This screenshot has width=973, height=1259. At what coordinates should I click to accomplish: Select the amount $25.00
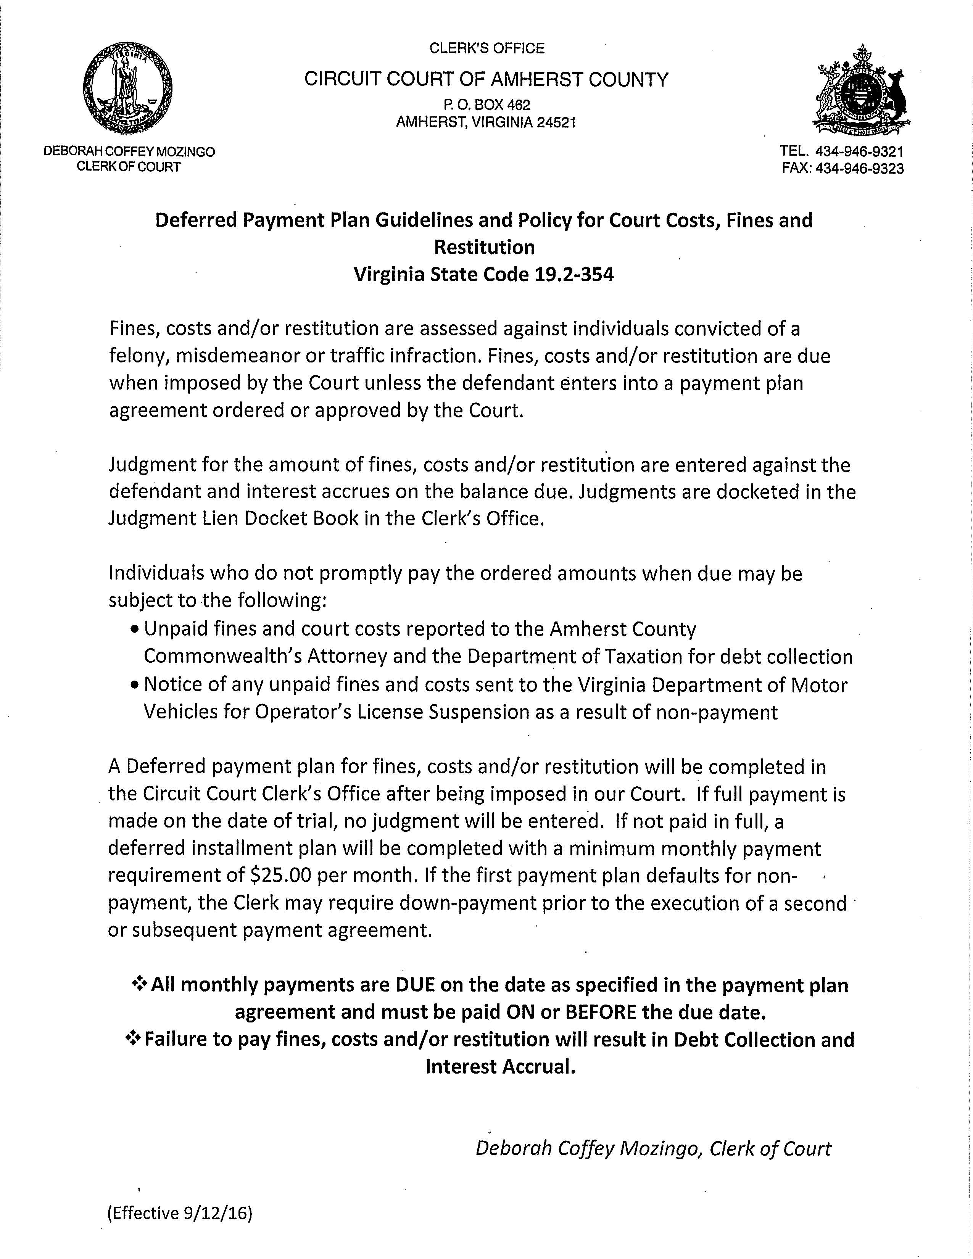pos(282,876)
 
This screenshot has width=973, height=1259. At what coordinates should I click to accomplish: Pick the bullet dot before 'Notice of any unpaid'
pos(135,686)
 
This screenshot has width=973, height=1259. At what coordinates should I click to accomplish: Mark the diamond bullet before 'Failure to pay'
pos(133,1039)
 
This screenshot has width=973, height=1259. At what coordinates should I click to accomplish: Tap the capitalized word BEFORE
pos(602,1012)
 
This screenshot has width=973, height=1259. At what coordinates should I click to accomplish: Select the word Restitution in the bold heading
pos(484,247)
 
